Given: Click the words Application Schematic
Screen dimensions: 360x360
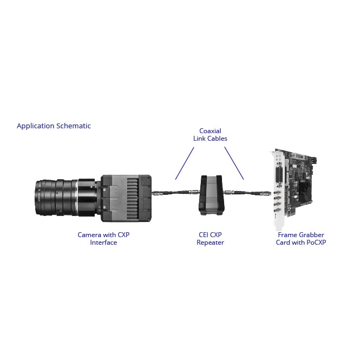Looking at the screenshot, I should coord(54,126).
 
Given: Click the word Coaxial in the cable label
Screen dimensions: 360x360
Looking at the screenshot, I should coord(210,131).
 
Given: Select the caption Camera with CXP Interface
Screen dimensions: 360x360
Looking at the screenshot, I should coord(103,239).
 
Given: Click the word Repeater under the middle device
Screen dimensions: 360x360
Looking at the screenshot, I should coord(210,243).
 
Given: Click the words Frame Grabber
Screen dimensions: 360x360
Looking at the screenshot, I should coord(301,235).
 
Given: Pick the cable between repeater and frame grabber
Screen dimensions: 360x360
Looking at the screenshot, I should coord(246,192).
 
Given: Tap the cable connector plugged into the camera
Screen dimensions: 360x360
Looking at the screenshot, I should coord(158,192).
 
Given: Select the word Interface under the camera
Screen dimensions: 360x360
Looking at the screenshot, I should coord(103,243).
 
